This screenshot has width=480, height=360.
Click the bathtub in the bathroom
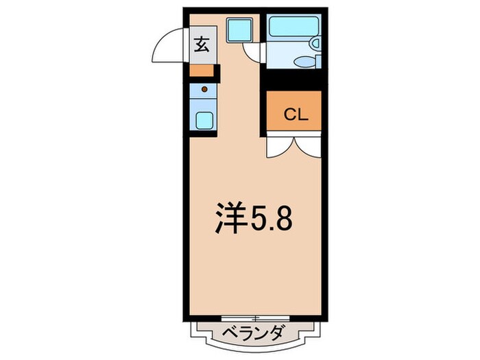coord(289,29)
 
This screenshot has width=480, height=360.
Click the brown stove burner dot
coord(204,88)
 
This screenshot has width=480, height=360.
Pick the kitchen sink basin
coord(204,120)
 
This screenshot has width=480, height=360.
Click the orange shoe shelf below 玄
coord(201,70)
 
